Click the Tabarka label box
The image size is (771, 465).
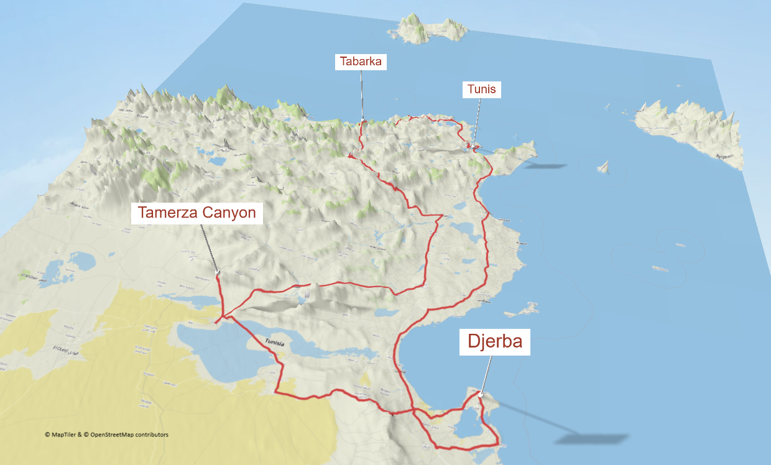[361, 62]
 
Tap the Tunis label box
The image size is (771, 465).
[482, 89]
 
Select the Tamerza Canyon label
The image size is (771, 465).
[196, 213]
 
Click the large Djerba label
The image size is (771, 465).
[494, 341]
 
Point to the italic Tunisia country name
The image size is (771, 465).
[274, 343]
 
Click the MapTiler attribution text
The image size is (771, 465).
[106, 435]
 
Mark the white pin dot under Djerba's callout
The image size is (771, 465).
[481, 394]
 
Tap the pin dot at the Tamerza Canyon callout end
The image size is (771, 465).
[217, 272]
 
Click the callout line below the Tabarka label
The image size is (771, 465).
[362, 93]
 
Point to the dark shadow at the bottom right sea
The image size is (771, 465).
[578, 439]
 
